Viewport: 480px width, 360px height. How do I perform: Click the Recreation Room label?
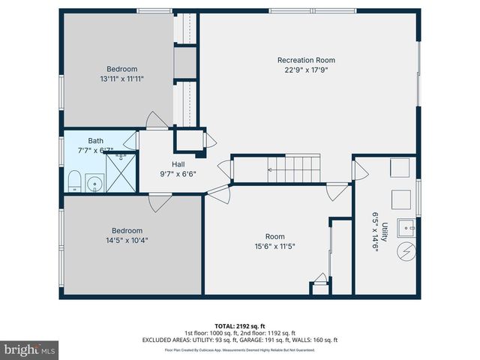[306, 60]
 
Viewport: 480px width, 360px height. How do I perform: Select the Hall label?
[178, 164]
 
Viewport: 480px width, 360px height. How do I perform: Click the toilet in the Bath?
[74, 181]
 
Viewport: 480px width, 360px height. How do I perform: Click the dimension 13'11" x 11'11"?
[121, 78]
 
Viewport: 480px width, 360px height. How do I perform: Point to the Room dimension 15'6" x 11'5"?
[274, 246]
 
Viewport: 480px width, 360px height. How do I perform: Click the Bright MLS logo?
[30, 349]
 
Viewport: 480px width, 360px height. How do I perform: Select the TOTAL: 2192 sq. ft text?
[239, 325]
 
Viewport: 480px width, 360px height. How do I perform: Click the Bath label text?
[96, 140]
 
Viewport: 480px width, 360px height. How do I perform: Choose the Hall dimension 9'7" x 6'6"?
[178, 174]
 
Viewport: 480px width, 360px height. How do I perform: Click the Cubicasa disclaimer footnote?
[239, 349]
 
